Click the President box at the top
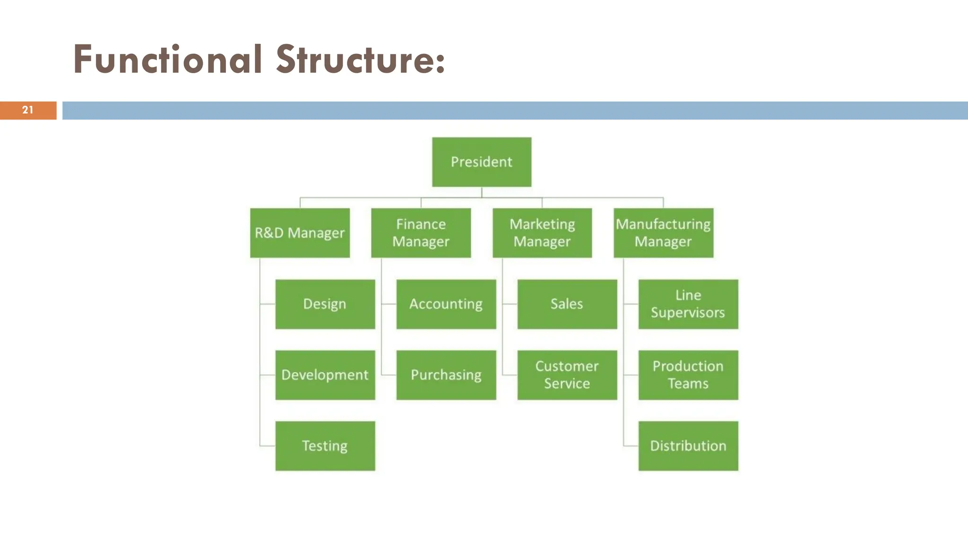point(482,162)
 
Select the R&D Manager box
point(300,233)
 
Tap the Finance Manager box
point(421,233)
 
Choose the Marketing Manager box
point(542,233)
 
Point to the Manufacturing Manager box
point(663,233)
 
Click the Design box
point(325,304)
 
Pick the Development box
point(325,375)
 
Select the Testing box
point(325,446)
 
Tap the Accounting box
point(446,304)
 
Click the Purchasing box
point(446,375)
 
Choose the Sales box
point(567,304)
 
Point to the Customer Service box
point(567,375)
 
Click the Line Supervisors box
point(688,304)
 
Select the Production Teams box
point(688,375)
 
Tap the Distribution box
point(688,446)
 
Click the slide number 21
point(28,110)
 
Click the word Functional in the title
point(168,60)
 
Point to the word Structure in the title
point(354,60)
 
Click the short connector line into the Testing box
point(268,446)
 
